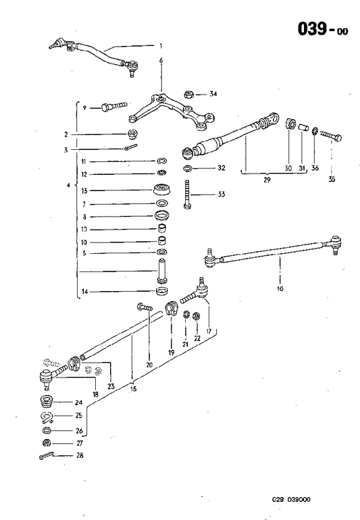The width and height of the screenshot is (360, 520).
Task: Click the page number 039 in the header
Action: (313, 28)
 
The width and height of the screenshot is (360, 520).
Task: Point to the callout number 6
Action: (161, 61)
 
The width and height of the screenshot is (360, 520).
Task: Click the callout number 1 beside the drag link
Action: (161, 46)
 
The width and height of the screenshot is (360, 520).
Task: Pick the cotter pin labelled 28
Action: (47, 457)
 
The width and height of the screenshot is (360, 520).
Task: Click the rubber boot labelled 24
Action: (46, 403)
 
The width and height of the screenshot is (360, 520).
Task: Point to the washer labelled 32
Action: (187, 167)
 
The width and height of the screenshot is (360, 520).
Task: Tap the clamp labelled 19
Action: (172, 311)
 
